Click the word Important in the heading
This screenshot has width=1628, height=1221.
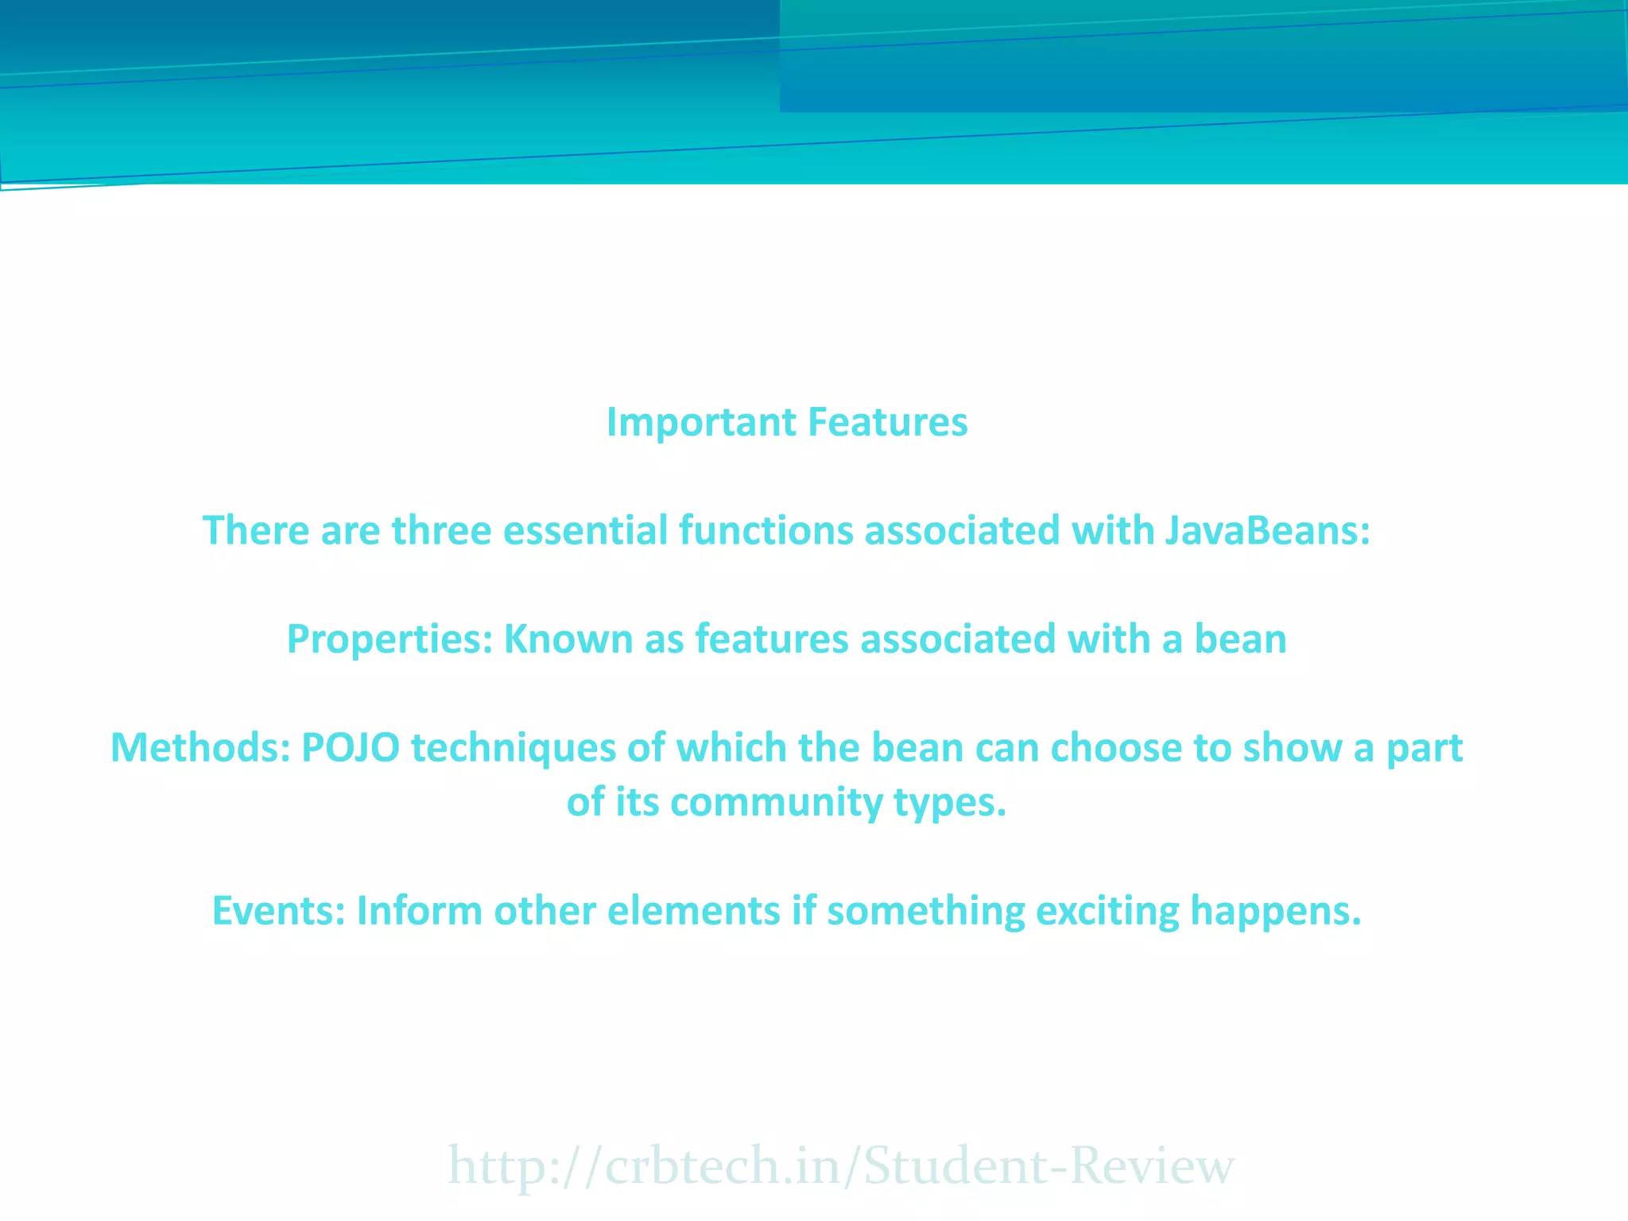(x=701, y=422)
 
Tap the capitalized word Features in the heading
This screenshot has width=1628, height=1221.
(x=888, y=422)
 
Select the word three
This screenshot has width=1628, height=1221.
(x=441, y=530)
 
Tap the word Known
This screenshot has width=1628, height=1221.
(x=568, y=639)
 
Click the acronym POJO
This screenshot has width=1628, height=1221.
(x=351, y=748)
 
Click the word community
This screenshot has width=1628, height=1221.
(x=777, y=802)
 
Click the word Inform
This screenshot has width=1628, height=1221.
(x=419, y=911)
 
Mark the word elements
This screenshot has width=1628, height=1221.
(x=693, y=911)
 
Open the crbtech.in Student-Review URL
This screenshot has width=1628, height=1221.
(x=841, y=1166)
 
